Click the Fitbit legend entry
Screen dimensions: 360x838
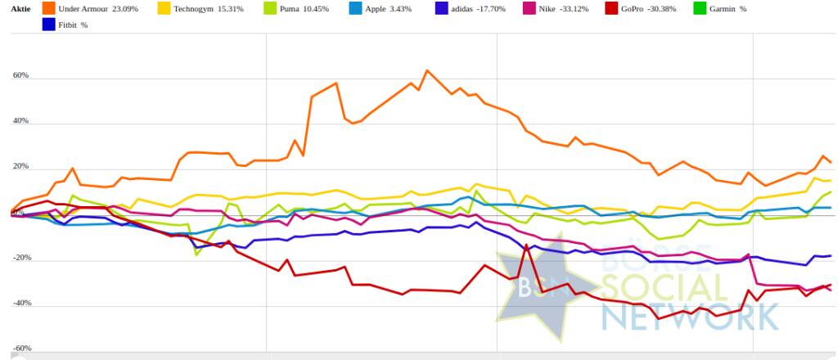pos(71,25)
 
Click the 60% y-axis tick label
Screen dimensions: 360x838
pos(20,75)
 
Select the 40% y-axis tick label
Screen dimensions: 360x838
pos(20,121)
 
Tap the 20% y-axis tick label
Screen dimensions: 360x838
pos(20,167)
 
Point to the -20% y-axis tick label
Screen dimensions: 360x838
pos(19,258)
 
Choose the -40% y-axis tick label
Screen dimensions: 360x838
pos(19,304)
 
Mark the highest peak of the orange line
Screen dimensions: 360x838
pos(426,70)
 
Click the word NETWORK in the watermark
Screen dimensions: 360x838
pos(688,316)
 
